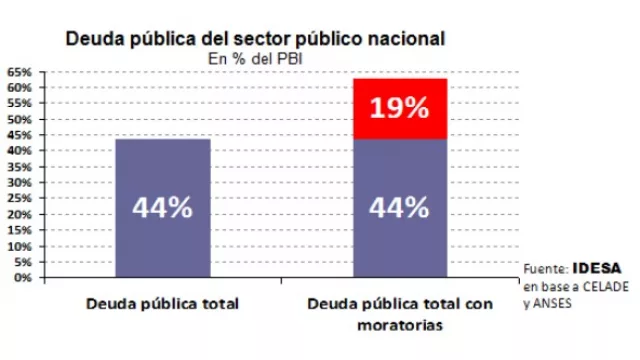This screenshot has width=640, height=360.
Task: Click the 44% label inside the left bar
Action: (163, 209)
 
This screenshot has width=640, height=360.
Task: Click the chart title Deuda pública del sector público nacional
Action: (255, 39)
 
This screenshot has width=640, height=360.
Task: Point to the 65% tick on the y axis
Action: (22, 72)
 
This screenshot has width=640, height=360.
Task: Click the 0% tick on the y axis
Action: (25, 277)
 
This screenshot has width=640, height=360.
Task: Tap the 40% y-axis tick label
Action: (22, 151)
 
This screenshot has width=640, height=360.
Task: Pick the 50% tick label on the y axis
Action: (22, 119)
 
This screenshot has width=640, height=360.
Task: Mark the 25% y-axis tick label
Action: (22, 198)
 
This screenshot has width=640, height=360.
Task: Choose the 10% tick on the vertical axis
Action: (22, 246)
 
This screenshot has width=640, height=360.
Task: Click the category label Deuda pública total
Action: (162, 304)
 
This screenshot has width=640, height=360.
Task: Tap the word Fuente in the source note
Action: (545, 268)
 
